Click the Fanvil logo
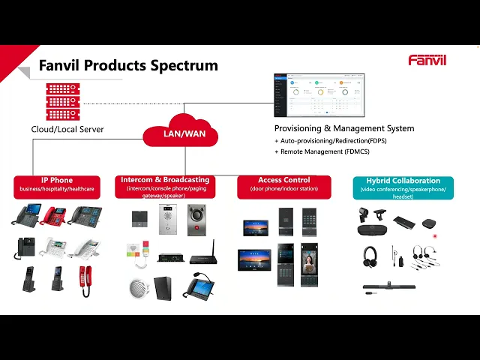tap(427, 60)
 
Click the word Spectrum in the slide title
tap(184, 65)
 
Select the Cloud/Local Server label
tap(67, 129)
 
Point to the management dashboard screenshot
tap(319, 96)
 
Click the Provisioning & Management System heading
tap(344, 128)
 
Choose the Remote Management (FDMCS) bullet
tap(325, 151)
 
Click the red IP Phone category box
tap(57, 185)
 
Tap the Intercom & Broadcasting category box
tap(164, 185)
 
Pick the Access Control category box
tap(283, 184)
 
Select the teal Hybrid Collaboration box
tap(403, 185)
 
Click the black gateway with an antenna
tap(203, 255)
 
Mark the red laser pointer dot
tap(435, 235)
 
